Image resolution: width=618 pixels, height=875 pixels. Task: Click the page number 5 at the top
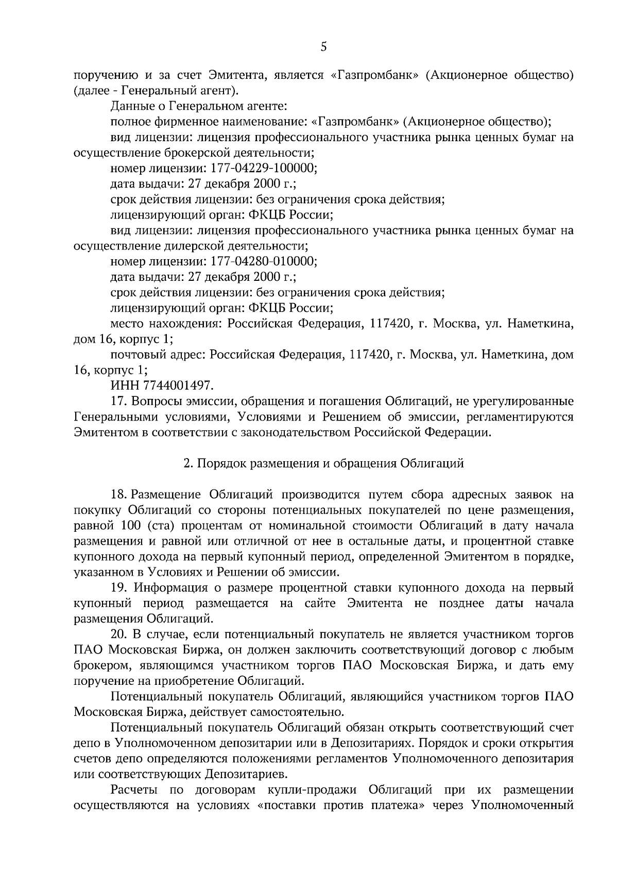(323, 47)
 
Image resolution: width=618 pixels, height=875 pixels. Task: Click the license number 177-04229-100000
(262, 169)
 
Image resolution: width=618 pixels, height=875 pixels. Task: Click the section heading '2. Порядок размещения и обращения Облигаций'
(324, 463)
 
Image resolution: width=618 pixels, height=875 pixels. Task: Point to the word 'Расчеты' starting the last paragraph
(133, 790)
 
